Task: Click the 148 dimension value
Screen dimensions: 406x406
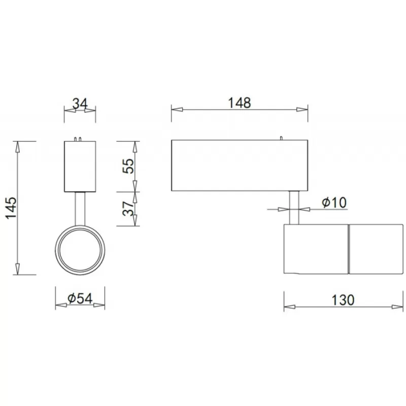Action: [x=239, y=103]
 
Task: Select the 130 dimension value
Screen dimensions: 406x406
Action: [x=343, y=300]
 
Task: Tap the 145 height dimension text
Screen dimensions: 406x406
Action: [x=11, y=208]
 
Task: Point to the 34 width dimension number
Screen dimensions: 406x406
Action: [x=80, y=104]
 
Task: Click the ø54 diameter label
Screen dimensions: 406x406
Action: [x=80, y=298]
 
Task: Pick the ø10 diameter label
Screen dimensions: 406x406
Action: [x=334, y=202]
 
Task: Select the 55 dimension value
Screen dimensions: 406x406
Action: [x=129, y=166]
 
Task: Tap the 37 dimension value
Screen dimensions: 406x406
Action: [x=128, y=209]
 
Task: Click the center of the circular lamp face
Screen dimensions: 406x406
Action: [x=80, y=250]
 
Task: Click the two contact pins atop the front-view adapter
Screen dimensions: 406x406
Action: [x=78, y=139]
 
